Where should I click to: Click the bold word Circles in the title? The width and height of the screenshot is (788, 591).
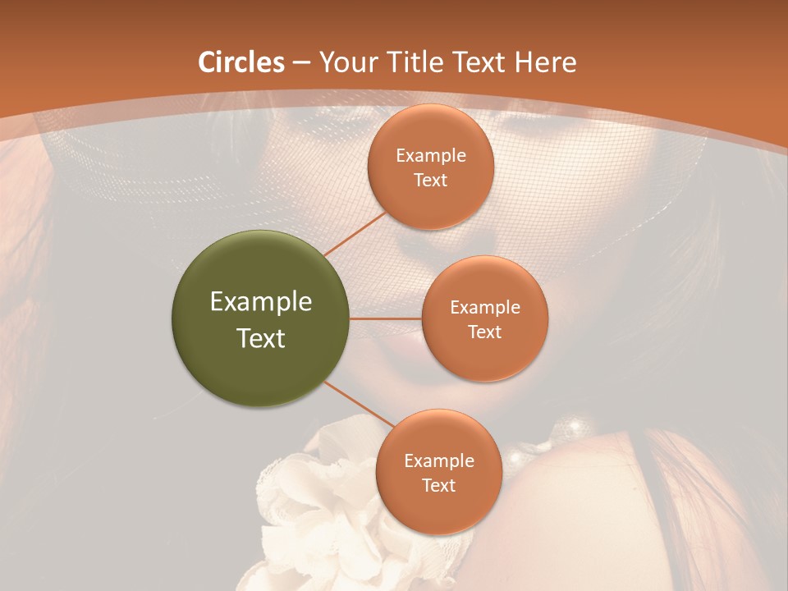[241, 62]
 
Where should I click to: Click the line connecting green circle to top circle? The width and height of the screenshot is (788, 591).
[355, 232]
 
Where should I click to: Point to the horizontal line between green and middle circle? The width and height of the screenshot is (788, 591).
[386, 318]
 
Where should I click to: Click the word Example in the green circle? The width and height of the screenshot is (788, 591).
[261, 302]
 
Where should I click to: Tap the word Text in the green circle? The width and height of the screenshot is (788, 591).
[261, 338]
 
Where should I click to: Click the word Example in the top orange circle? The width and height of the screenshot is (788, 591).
[430, 156]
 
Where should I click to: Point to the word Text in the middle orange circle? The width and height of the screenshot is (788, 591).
[484, 332]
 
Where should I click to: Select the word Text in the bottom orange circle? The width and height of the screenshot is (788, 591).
[438, 485]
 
